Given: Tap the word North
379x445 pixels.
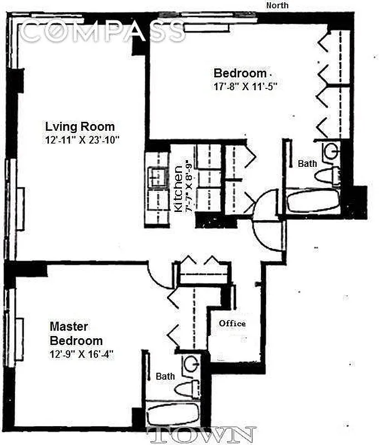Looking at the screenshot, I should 278,6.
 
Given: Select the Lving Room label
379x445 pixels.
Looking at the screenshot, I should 80,126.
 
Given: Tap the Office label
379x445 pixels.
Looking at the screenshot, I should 232,323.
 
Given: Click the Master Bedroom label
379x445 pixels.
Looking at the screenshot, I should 76,333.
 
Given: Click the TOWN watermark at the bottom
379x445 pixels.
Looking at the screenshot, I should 203,434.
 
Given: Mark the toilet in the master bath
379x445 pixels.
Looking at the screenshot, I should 191,388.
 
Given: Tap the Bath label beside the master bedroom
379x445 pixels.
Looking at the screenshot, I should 165,377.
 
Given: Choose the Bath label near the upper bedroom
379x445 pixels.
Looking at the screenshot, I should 307,164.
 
